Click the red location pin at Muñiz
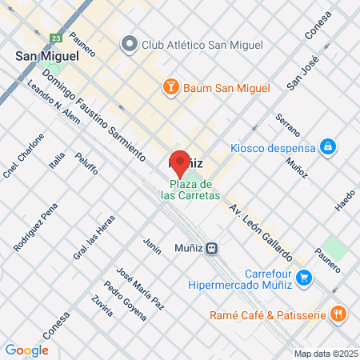tap(180, 162)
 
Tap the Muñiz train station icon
tap(212, 248)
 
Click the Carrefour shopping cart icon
tap(303, 278)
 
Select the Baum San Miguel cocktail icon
tap(171, 87)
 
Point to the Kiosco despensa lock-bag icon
tap(326, 147)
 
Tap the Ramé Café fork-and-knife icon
tap(338, 314)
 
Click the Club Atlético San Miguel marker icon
tap(129, 44)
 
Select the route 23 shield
tap(54, 38)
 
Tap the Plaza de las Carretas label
tap(190, 189)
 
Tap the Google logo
tap(26, 350)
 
